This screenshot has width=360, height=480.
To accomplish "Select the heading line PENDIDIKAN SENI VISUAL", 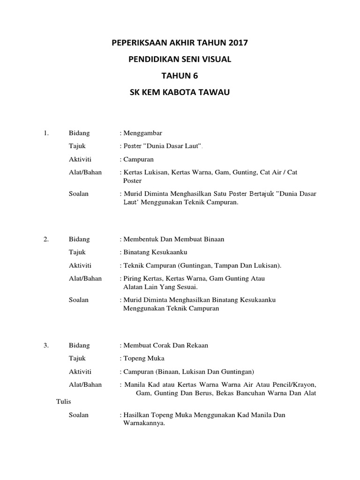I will pos(180,60).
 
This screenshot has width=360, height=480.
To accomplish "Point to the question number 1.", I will pos(46,133).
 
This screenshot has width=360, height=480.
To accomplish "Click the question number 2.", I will pos(46,239).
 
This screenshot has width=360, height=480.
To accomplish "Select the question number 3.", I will pos(46,345).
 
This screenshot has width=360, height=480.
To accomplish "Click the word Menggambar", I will pos(142,133).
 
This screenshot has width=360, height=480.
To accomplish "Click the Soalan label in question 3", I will pos(79,415).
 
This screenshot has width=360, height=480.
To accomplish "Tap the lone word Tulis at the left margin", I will pos(63,402).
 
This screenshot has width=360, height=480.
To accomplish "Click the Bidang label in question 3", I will pos(79,345).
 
